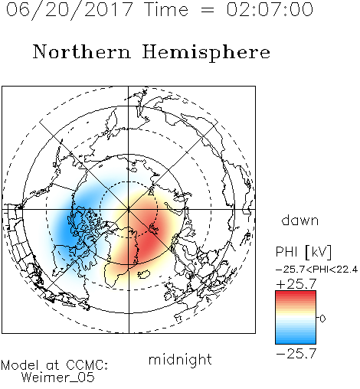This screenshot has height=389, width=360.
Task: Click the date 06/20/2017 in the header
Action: [70, 9]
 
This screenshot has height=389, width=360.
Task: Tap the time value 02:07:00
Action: [270, 9]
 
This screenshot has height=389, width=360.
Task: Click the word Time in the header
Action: [166, 9]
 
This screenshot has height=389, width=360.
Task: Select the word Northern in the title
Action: [82, 51]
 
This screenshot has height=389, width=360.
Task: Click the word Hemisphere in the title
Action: [206, 53]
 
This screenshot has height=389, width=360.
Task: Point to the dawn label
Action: [300, 220]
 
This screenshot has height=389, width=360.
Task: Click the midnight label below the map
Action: [180, 359]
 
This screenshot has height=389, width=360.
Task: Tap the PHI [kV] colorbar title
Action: [303, 252]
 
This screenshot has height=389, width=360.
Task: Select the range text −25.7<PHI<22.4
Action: [316, 270]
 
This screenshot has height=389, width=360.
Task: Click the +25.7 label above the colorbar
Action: [296, 284]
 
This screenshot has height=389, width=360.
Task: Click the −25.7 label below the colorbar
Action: [296, 354]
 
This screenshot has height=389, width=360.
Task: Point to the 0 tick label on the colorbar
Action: [322, 319]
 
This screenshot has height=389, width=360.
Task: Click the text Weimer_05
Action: [58, 378]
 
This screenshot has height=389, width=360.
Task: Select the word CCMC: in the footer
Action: [87, 365]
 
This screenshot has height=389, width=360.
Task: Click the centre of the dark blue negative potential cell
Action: [66, 231]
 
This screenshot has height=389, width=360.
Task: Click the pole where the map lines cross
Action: [129, 209]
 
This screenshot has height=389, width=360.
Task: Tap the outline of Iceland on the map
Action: [144, 274]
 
